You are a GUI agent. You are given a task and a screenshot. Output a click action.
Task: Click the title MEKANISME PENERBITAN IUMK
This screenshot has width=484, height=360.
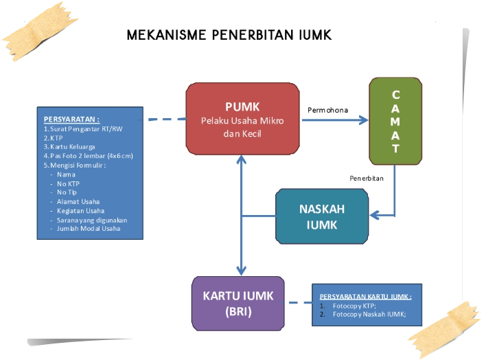pos(229,35)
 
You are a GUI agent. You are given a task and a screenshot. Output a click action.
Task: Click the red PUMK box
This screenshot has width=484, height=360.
pos(242,118)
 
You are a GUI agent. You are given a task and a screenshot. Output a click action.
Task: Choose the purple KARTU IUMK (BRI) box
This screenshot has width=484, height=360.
pos(238,304)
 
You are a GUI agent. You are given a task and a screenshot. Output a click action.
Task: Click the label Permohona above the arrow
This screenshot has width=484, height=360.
pos(328,109)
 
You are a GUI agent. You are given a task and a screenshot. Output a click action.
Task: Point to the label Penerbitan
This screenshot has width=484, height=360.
pos(366,178)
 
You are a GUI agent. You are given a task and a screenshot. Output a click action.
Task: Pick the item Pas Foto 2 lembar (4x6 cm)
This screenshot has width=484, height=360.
pos(88,156)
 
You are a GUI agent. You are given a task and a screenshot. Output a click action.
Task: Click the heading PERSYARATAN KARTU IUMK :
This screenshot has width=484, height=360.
pos(366,296)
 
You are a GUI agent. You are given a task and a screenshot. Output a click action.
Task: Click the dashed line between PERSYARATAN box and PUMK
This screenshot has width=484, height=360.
pos(165,120)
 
